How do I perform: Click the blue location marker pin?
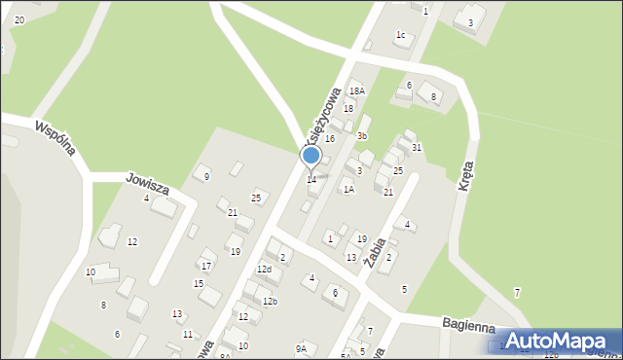(311, 156)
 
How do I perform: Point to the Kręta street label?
(466, 176)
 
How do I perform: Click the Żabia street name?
(375, 251)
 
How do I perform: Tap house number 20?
(19, 19)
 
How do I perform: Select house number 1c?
(400, 35)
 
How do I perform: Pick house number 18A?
(357, 90)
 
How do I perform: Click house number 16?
(330, 139)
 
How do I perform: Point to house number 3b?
(361, 136)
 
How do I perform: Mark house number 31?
(416, 147)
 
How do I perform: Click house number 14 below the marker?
(311, 179)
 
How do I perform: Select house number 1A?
(348, 190)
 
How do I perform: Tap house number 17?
(206, 265)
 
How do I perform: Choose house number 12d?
(264, 269)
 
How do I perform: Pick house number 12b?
(270, 302)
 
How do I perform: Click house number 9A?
(302, 348)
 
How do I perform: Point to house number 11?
(187, 334)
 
